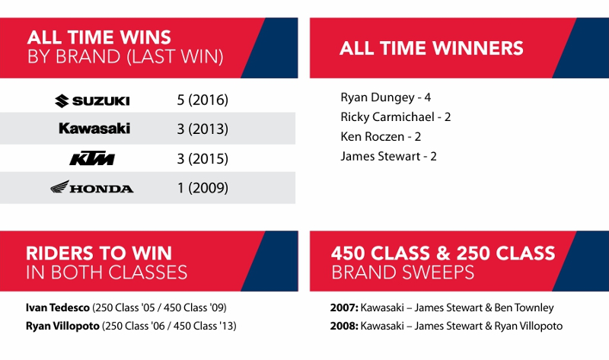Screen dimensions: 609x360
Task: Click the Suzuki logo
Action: [x=92, y=101]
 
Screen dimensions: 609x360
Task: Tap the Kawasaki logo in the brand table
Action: [x=94, y=129]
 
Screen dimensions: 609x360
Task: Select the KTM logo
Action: [x=92, y=158]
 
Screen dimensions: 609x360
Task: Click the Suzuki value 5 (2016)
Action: [x=202, y=100]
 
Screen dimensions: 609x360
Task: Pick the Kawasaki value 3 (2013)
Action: [x=202, y=129]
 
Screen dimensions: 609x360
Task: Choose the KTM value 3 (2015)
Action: [x=202, y=158]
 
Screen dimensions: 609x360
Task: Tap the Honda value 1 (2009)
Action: [x=202, y=188]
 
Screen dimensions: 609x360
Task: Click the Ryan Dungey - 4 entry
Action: [x=386, y=97]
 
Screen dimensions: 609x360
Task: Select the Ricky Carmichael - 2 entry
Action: [x=395, y=117]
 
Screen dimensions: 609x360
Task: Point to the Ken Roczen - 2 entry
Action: [x=381, y=137]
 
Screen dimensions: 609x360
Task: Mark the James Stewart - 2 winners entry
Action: [x=388, y=156]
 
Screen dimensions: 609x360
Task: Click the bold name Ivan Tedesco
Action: [x=58, y=307]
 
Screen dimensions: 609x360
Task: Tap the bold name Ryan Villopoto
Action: [x=62, y=326]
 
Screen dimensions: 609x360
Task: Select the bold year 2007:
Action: [x=344, y=307]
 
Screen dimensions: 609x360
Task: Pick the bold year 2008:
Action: [x=344, y=326]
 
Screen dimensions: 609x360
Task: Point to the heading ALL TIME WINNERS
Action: [x=432, y=48]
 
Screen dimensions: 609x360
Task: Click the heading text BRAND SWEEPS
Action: [x=403, y=272]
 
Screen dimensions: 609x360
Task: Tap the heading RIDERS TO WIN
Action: [x=99, y=253]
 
